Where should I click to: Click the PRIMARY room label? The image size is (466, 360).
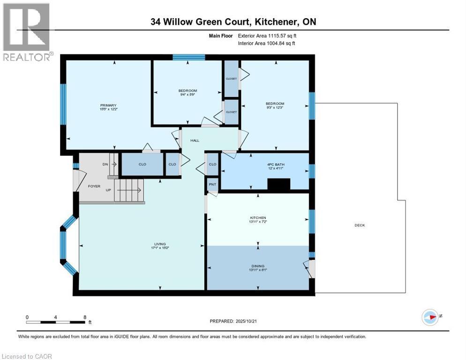point(107,105)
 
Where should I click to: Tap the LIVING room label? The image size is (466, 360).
point(160,244)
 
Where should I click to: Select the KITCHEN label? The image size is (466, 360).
point(258,217)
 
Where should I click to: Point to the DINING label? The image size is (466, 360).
point(258,265)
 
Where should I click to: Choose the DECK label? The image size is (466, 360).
point(360,225)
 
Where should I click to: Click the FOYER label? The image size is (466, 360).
point(94,186)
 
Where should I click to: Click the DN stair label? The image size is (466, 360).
point(105,165)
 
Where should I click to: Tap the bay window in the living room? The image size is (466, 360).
point(64,244)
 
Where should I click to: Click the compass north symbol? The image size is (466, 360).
point(430,317)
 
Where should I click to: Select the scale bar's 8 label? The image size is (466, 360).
point(85,317)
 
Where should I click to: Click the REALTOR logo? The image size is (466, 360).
point(27,31)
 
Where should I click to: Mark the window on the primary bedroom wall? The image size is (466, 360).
point(63,104)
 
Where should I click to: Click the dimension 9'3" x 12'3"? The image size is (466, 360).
point(275,108)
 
